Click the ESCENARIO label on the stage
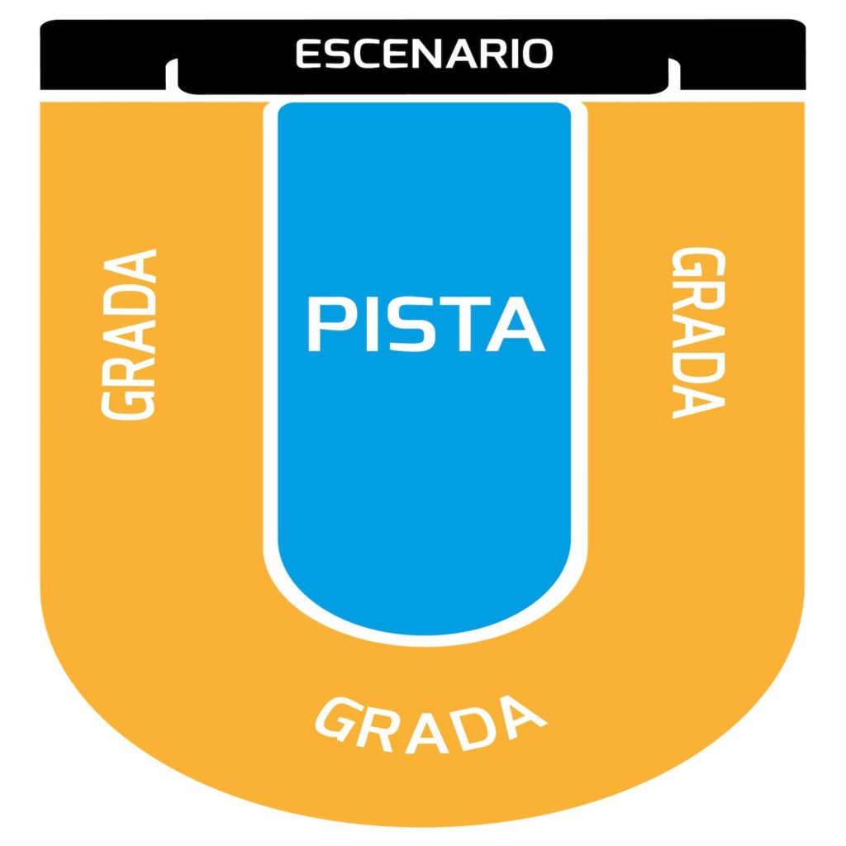tap(424, 54)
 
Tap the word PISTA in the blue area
tap(425, 324)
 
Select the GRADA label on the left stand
tap(129, 334)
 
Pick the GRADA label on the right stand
tap(698, 332)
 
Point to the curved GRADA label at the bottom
tap(430, 725)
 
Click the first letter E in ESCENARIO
tap(308, 54)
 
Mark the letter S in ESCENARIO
tap(336, 54)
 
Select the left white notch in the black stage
tap(172, 74)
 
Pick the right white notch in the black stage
tap(674, 74)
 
